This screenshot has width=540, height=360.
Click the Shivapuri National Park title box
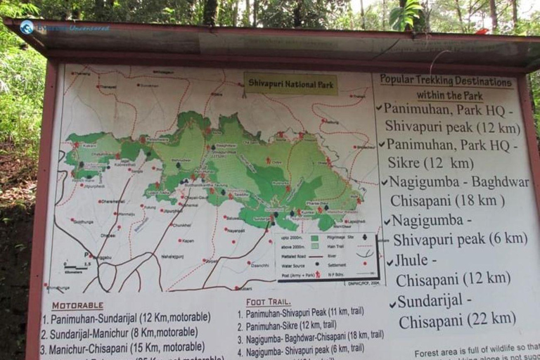click(x=290, y=83)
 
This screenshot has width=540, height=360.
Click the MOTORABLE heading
click(x=77, y=306)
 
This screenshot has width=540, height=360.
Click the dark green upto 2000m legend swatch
click(x=314, y=238)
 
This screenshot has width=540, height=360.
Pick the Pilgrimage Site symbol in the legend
click(x=364, y=236)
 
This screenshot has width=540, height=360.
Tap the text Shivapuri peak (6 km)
click(x=460, y=239)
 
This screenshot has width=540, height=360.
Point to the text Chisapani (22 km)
click(x=457, y=320)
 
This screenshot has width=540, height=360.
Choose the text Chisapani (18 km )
click(x=447, y=200)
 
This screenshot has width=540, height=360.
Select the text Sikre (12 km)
click(x=430, y=163)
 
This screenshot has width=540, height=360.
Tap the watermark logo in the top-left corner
click(x=27, y=27)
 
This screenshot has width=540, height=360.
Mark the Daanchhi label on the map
click(x=259, y=264)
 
